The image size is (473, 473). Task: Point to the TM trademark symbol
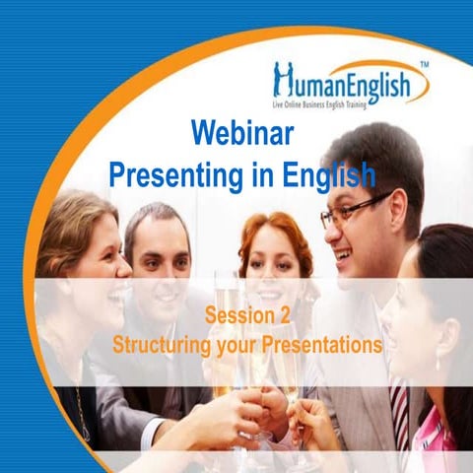pos(424,64)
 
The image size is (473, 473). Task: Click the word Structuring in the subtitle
pos(163,346)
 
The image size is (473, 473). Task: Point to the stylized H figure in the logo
pos(285,79)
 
